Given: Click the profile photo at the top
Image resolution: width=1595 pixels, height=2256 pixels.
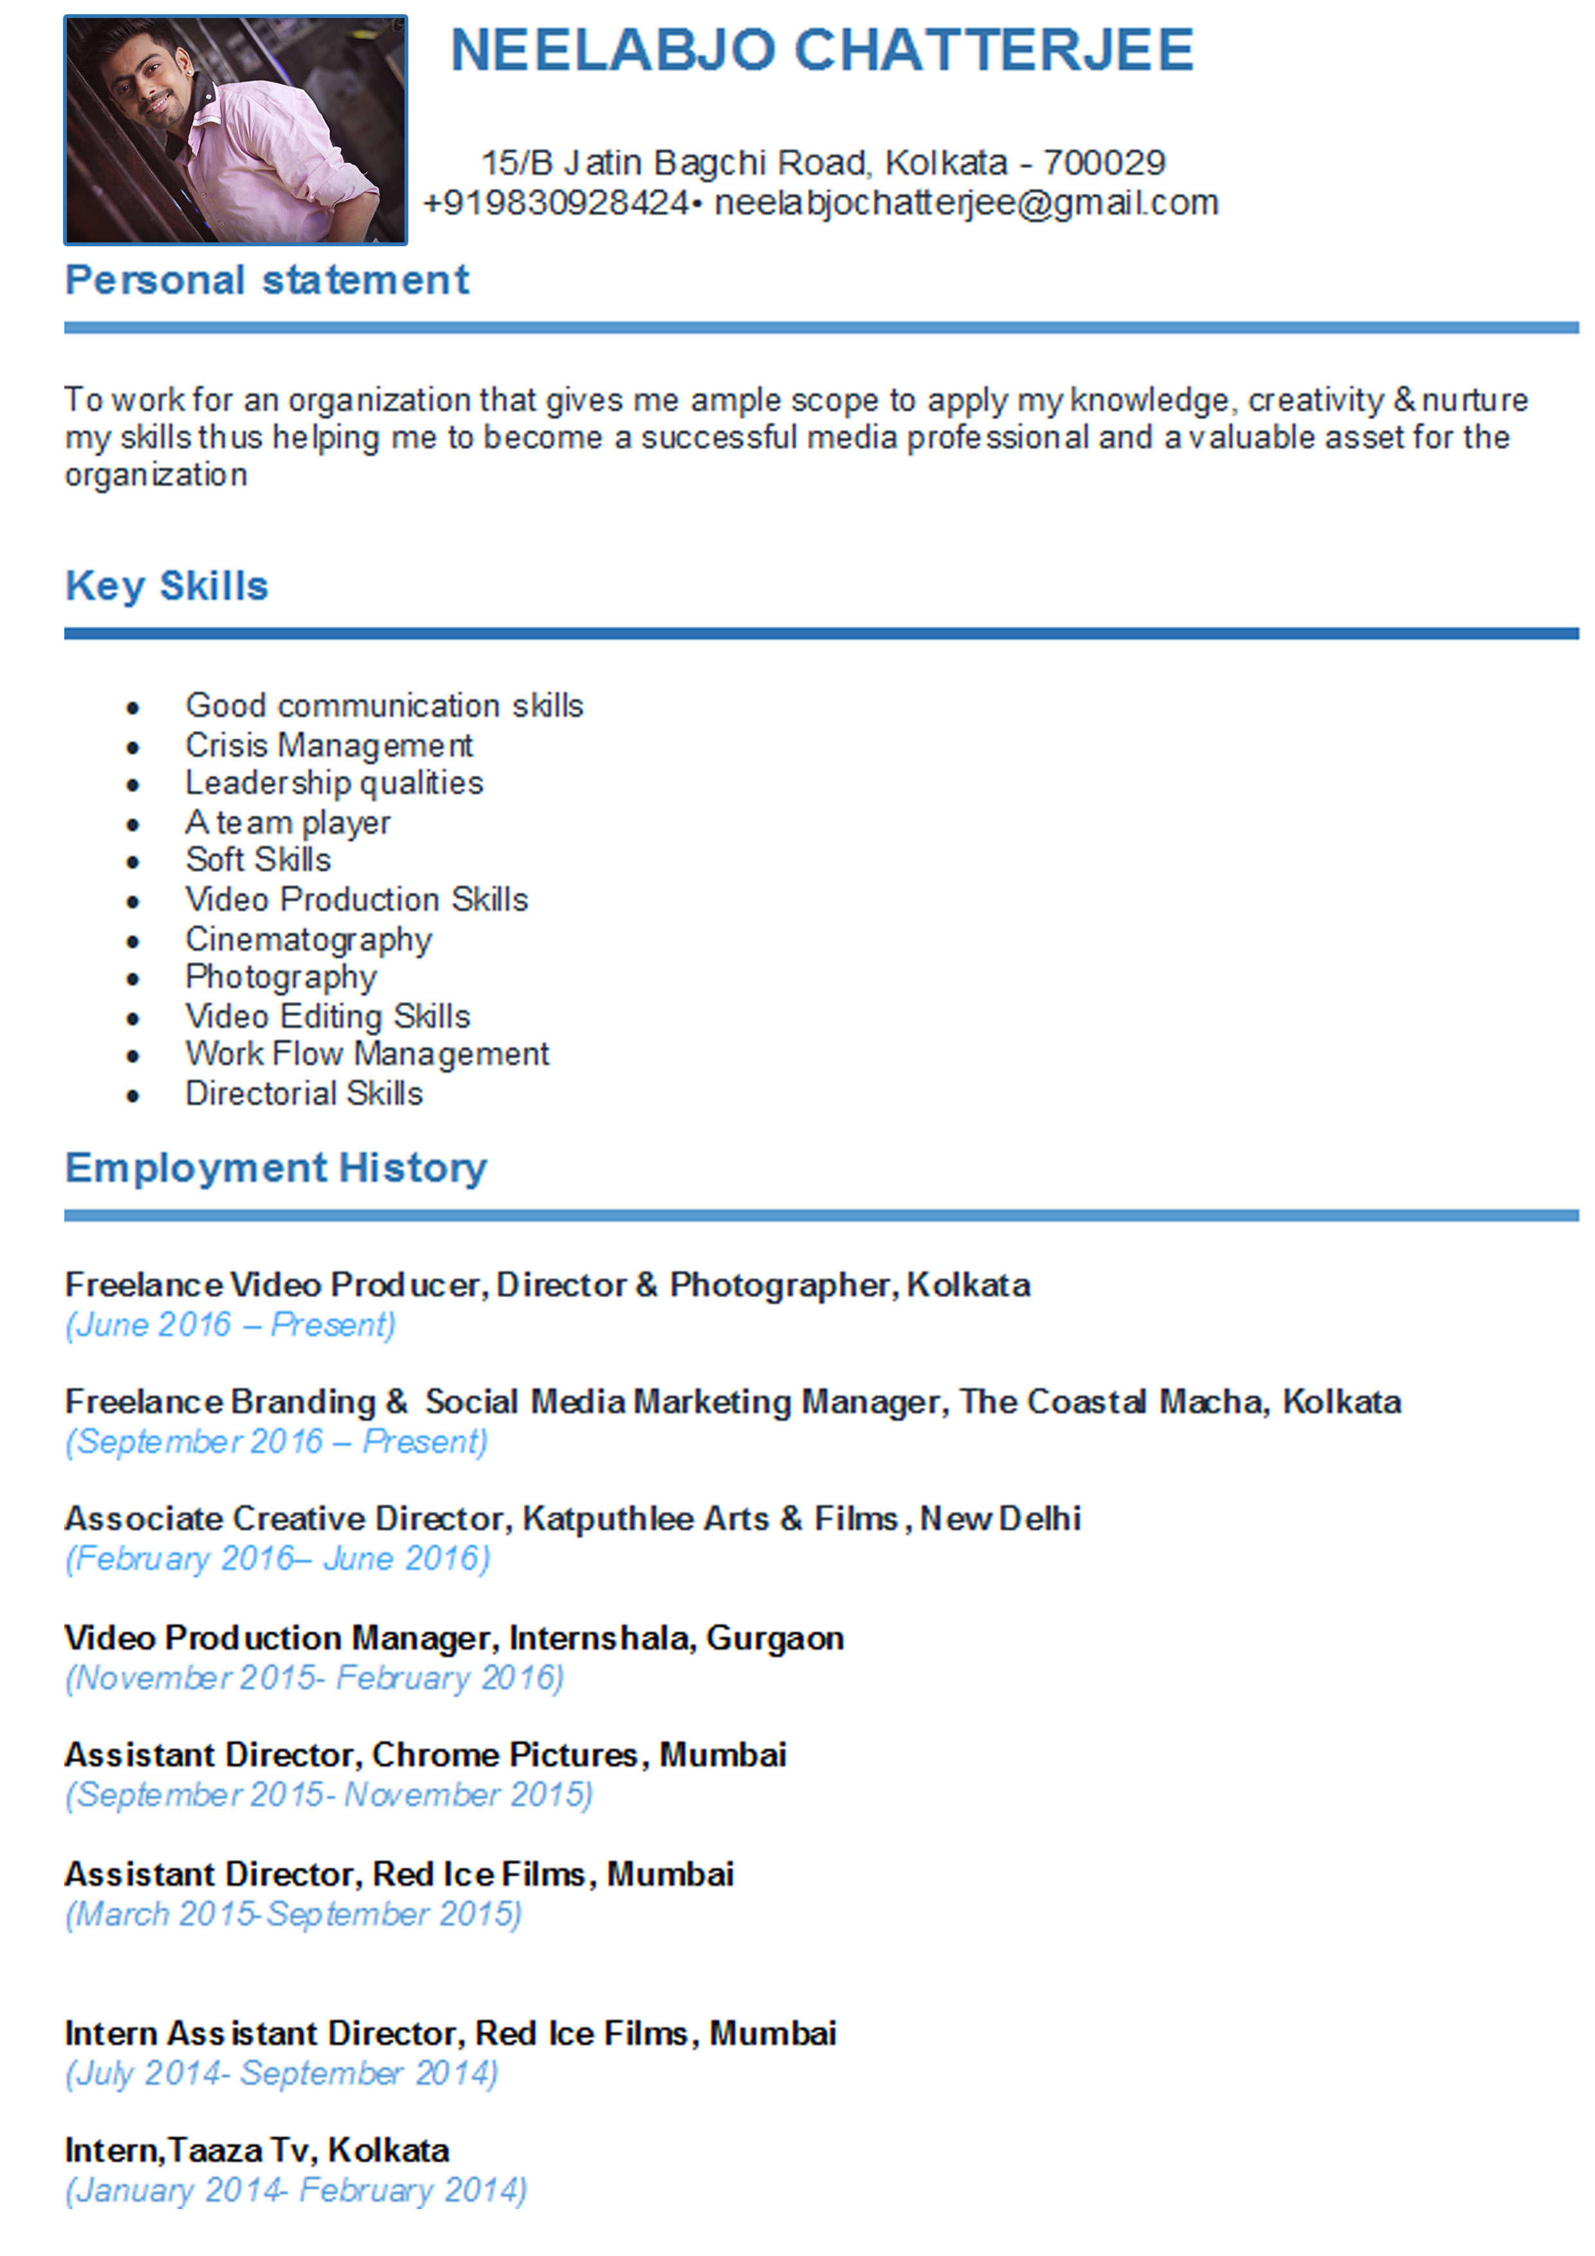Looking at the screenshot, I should (235, 130).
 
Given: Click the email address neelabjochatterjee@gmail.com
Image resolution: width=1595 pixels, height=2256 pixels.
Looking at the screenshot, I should (965, 203).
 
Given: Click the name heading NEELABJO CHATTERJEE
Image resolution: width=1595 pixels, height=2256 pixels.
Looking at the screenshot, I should (821, 50).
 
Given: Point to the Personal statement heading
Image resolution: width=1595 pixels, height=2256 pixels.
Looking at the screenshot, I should (266, 280).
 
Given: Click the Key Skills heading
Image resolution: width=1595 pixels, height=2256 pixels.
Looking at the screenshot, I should (166, 586).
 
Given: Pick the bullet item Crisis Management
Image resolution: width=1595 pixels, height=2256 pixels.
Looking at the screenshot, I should (329, 745).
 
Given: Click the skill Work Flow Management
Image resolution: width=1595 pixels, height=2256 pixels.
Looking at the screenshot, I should (367, 1053).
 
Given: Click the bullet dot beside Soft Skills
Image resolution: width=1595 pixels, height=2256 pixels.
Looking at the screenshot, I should (132, 862).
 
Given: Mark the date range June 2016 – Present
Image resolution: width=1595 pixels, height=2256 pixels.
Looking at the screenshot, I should (231, 1325).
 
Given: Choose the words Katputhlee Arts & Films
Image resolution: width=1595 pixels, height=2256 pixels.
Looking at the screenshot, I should (709, 1519).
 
